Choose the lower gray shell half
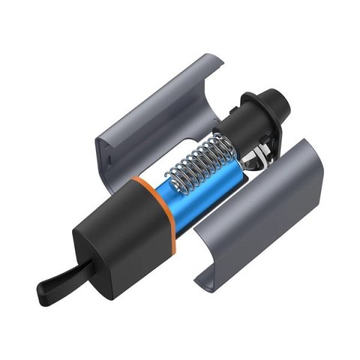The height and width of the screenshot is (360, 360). [255, 210]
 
